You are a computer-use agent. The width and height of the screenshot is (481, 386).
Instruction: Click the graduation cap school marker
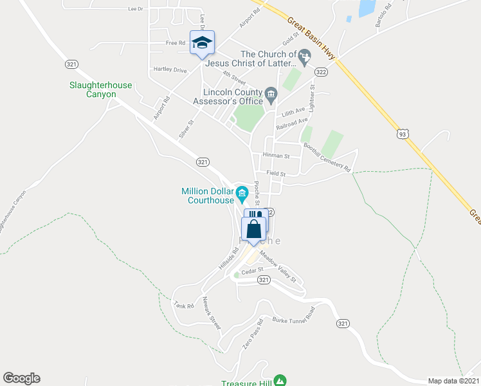click(x=202, y=43)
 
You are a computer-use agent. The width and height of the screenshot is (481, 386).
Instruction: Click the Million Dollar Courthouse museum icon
click(x=242, y=192)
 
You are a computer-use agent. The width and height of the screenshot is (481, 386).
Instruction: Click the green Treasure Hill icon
click(x=280, y=381)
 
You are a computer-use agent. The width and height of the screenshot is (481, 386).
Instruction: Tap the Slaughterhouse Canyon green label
click(x=93, y=89)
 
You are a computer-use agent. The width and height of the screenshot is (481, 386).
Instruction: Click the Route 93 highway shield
click(x=403, y=134)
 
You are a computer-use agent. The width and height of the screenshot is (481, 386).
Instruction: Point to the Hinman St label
click(x=277, y=156)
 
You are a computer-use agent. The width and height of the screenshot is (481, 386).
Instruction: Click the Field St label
click(x=276, y=174)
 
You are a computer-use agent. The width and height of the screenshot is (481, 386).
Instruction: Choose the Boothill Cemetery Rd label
click(x=328, y=157)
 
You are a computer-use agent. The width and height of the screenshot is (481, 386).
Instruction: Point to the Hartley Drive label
click(x=170, y=69)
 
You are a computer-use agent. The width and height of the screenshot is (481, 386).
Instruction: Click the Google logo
click(x=21, y=378)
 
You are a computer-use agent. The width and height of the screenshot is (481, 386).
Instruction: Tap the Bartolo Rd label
click(x=384, y=16)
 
